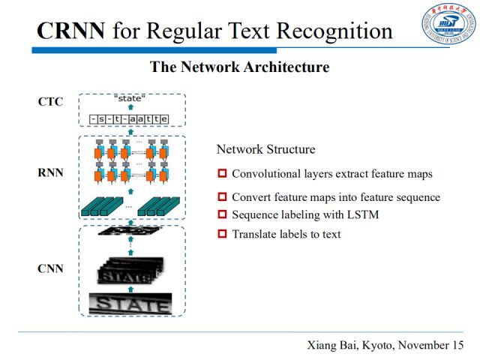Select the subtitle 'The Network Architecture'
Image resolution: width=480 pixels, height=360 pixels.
tap(239, 67)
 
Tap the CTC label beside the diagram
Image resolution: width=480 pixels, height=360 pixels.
tap(50, 103)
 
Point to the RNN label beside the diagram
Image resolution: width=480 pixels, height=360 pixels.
tap(51, 172)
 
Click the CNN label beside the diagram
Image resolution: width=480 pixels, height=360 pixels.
tap(51, 268)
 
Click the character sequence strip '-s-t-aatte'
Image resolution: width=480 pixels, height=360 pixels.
tap(128, 118)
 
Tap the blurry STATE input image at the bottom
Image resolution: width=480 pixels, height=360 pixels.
tap(130, 304)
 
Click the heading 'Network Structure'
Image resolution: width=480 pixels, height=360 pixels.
tap(265, 149)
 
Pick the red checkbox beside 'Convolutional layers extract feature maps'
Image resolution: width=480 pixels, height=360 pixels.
tap(222, 174)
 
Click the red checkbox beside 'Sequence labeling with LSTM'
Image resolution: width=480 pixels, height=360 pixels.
tap(222, 215)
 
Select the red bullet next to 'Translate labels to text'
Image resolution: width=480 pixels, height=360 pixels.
tap(222, 234)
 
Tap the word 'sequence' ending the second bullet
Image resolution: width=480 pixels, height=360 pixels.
tap(418, 197)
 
